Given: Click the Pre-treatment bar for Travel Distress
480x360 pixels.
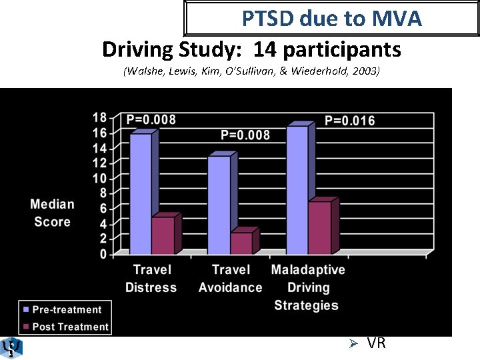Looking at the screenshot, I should tap(141, 193).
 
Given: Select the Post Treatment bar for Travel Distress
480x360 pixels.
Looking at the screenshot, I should tap(163, 235).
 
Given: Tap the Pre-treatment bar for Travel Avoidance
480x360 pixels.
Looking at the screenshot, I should tap(219, 205).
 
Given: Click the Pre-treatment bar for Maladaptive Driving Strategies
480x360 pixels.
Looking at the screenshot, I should tap(297, 190).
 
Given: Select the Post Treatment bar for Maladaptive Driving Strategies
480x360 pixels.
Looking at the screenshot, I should tap(319, 227).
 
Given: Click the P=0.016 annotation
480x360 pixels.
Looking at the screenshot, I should tap(349, 121).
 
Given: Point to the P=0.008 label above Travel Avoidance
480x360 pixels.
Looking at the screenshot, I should tap(245, 135).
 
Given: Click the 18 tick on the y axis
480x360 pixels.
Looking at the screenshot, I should tap(99, 117).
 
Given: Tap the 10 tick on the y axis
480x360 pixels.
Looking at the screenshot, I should tap(99, 178).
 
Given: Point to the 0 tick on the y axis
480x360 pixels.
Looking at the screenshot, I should tap(103, 254).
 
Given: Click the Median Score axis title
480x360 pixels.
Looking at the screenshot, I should tap(52, 213).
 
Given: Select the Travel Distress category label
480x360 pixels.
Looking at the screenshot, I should tap(151, 279).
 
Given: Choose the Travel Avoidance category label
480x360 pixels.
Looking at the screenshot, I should tap(230, 279).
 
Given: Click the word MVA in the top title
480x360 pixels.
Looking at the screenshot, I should tap(396, 19).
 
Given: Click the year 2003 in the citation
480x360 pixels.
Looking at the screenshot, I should tap(365, 71).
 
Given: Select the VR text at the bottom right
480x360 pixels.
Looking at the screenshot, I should tap(376, 343).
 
